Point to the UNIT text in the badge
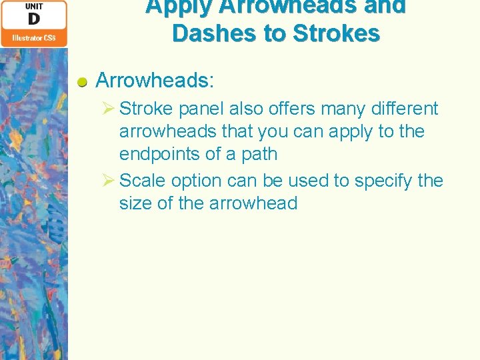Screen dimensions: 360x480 pyautogui.click(x=34, y=6)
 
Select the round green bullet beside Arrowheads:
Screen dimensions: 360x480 pyautogui.click(x=83, y=82)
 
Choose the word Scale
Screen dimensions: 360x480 pyautogui.click(x=143, y=181)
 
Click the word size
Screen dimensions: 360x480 pyautogui.click(x=135, y=203)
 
